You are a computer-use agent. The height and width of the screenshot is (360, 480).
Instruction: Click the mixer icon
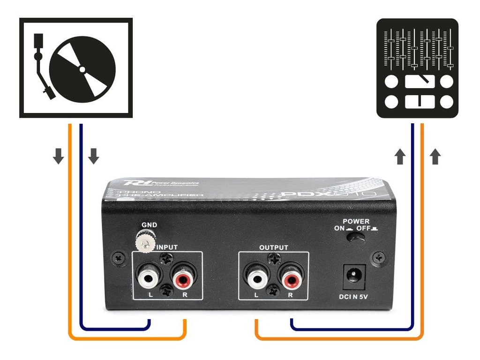click(x=417, y=68)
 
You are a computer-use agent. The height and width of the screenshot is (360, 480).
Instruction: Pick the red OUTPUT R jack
click(x=290, y=279)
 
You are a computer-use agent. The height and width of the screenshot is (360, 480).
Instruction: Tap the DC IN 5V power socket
click(x=355, y=277)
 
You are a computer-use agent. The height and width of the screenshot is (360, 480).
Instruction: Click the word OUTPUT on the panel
click(x=274, y=247)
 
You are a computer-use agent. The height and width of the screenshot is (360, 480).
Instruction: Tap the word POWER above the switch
click(x=356, y=221)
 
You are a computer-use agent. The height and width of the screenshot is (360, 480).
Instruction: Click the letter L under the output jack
click(x=255, y=295)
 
